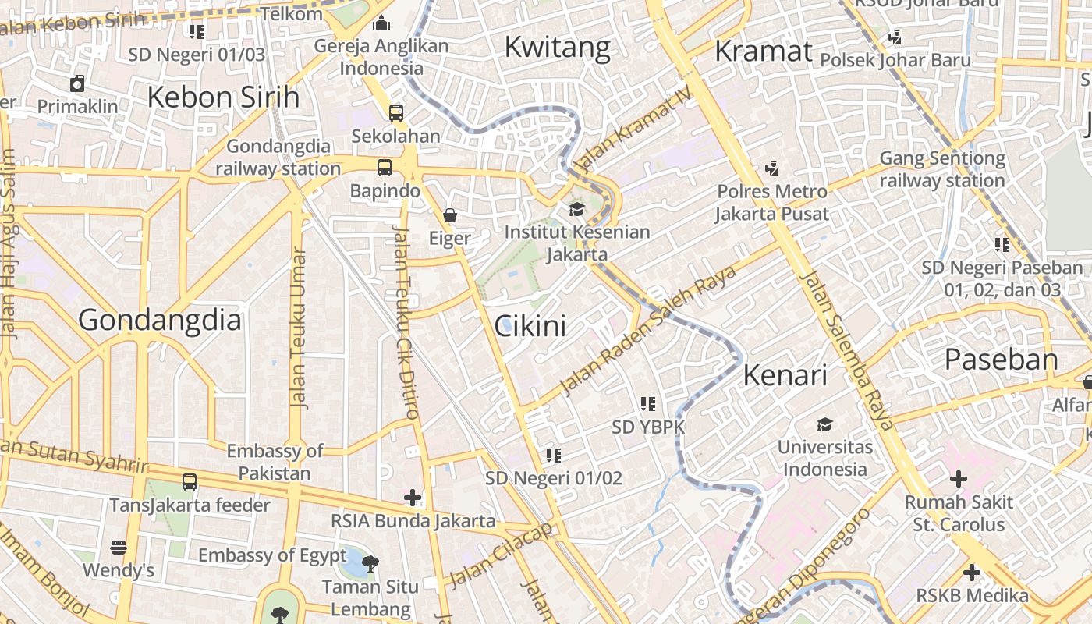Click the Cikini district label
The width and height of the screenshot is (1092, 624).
point(530,326)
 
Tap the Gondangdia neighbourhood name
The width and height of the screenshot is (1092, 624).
point(160,321)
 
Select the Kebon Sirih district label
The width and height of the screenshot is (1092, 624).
point(223,97)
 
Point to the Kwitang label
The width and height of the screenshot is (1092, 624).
point(557,48)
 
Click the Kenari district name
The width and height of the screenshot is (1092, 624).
point(785,375)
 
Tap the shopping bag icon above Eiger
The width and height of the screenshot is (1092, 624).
point(450,214)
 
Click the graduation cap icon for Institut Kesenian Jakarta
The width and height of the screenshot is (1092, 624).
point(576,209)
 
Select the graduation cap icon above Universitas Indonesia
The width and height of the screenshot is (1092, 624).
point(824,424)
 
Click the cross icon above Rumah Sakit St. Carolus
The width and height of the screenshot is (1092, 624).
point(958,478)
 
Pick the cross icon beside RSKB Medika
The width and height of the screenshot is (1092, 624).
point(971,573)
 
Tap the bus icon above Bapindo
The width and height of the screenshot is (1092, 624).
point(385,167)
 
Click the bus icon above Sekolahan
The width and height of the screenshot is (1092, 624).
point(396,112)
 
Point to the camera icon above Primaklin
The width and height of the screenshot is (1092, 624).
point(77,83)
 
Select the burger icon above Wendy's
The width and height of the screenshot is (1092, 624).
point(119,548)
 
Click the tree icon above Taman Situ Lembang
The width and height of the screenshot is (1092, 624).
point(370,563)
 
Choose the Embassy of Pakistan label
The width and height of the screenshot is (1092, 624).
point(275,462)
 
